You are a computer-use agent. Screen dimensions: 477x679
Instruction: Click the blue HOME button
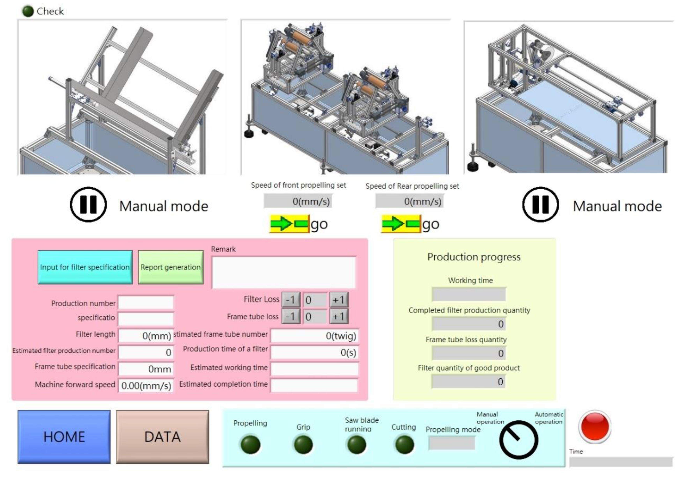click(64, 437)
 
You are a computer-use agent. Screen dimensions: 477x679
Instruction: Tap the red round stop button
click(595, 426)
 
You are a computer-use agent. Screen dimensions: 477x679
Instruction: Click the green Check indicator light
click(28, 11)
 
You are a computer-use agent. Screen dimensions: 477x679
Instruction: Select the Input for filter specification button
click(85, 267)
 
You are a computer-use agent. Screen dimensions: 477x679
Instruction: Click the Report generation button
click(171, 267)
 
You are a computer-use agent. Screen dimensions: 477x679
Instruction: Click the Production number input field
click(146, 303)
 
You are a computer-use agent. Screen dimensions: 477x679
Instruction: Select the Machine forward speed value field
click(146, 385)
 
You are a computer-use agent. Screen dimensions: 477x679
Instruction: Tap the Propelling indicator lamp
click(250, 445)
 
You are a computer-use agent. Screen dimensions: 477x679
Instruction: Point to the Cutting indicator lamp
click(404, 445)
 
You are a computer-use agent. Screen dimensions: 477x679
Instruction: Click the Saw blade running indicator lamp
click(357, 445)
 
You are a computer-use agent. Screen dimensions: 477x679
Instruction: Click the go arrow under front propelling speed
click(289, 224)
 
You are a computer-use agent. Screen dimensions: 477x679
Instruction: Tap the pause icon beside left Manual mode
click(88, 204)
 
